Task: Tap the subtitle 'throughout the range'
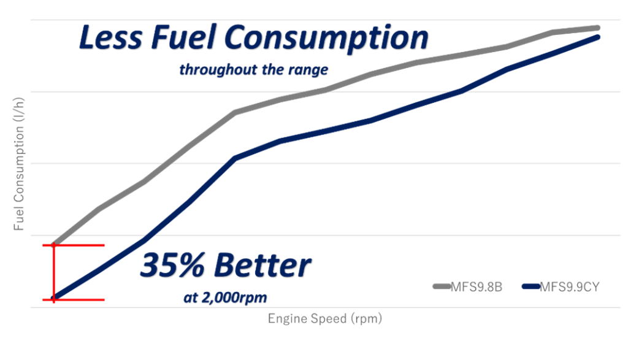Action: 253,70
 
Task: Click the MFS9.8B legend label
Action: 477,286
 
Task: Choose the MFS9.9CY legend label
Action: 570,286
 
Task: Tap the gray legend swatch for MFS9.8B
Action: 442,286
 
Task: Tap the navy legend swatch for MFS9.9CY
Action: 531,286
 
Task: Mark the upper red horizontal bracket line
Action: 80,245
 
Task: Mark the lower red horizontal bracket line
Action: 80,300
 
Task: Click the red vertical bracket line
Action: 53,273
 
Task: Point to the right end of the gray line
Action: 597,28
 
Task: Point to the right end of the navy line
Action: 597,37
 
